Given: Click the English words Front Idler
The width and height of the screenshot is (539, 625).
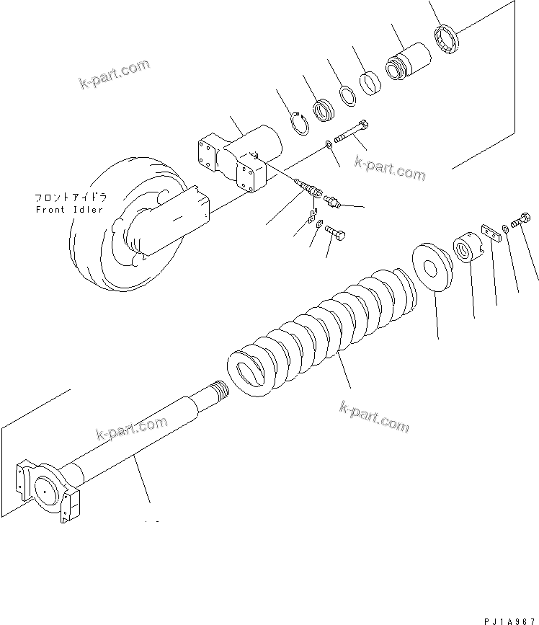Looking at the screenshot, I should tap(69, 210).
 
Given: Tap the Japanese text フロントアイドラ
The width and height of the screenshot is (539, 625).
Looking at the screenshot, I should tap(69, 197).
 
